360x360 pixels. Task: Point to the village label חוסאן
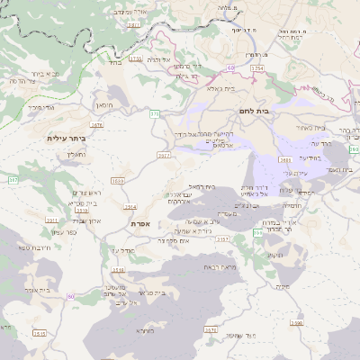pos(103,105)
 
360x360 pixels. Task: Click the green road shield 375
pos(155,114)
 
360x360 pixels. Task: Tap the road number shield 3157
pos(222,239)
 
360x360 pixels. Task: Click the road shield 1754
pos(256,67)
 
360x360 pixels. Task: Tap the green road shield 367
pos(13,181)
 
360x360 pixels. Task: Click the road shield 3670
pos(211,329)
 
